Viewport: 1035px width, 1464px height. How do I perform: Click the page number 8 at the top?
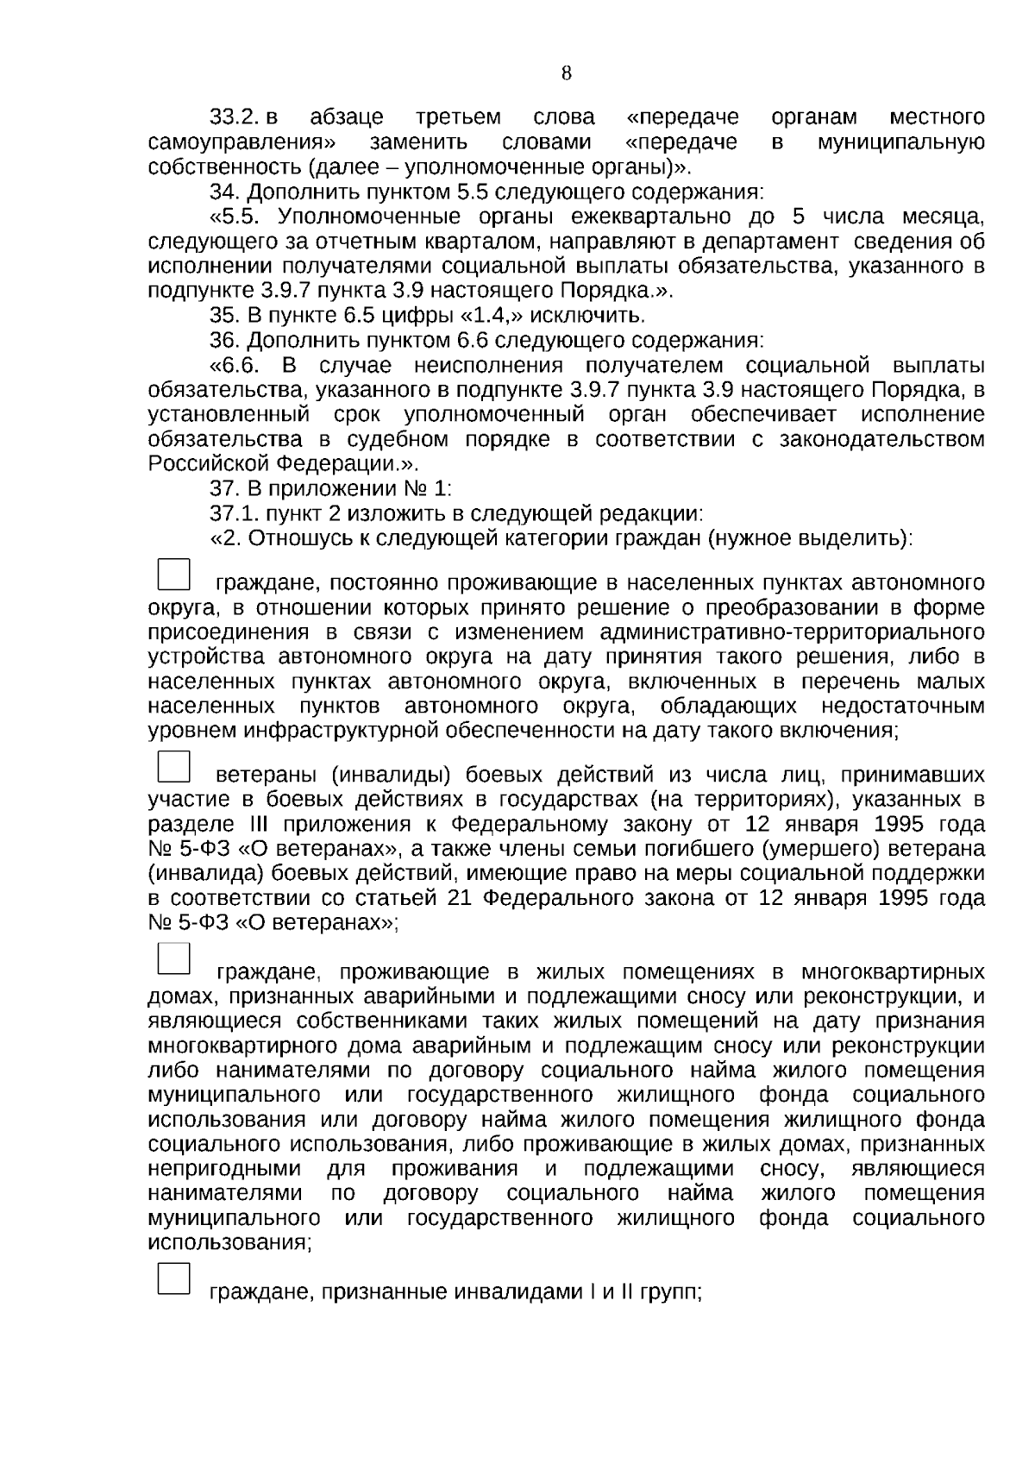pyautogui.click(x=566, y=73)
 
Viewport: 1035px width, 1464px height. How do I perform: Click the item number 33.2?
pyautogui.click(x=235, y=116)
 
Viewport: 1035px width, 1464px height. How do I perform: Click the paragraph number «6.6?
pyautogui.click(x=235, y=365)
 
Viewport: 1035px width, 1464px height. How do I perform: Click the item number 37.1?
pyautogui.click(x=234, y=514)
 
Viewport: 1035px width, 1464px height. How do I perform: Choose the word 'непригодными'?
pyautogui.click(x=224, y=1169)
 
